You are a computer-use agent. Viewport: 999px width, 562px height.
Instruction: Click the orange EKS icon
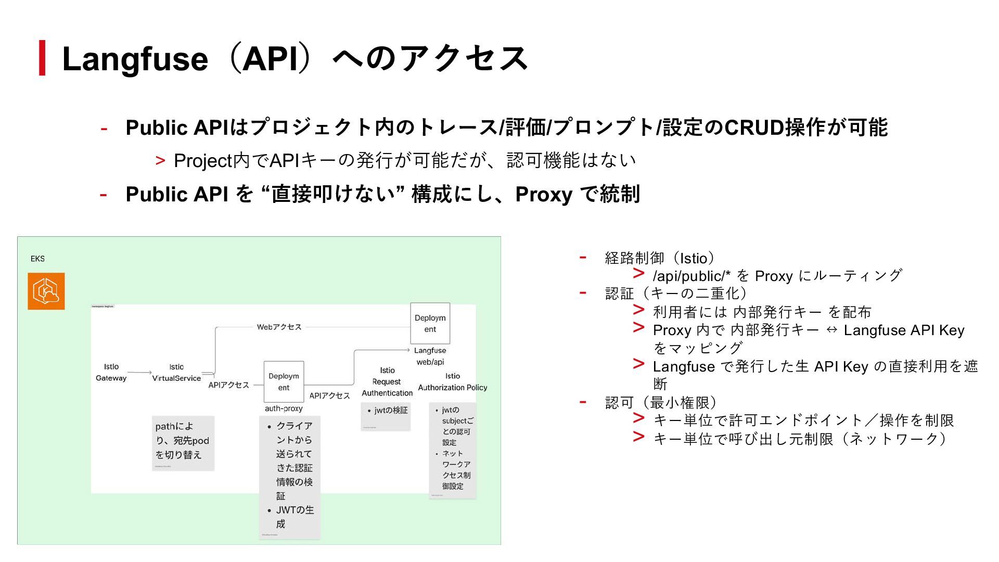[x=46, y=291]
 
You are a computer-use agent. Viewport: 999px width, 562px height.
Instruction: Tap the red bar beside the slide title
[x=42, y=58]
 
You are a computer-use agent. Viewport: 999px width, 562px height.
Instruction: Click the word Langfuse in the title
[x=135, y=59]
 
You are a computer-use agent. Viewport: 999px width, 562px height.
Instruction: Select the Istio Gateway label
[x=111, y=373]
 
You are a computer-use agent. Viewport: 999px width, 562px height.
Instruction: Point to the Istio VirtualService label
[x=176, y=373]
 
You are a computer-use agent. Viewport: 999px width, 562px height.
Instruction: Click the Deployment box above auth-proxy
[x=284, y=381]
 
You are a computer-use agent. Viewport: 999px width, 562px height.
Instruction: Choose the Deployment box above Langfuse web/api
[x=430, y=323]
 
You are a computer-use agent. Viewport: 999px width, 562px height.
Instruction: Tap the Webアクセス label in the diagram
[x=279, y=327]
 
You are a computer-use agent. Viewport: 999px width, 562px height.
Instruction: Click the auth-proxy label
[x=284, y=408]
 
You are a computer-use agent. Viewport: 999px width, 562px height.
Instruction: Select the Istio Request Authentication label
[x=387, y=381]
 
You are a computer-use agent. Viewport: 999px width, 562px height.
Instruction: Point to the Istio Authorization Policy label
[x=452, y=382]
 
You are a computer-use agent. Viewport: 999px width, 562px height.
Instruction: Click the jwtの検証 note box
[x=386, y=416]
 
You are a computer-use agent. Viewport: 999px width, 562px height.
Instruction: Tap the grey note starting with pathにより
[x=183, y=443]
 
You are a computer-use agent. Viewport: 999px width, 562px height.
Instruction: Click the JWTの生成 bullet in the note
[x=294, y=517]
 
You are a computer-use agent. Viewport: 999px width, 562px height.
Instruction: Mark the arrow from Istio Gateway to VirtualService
[x=139, y=373]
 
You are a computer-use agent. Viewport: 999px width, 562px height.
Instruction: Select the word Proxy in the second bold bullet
[x=544, y=195]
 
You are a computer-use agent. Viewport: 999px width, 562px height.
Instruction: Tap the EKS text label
[x=37, y=259]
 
